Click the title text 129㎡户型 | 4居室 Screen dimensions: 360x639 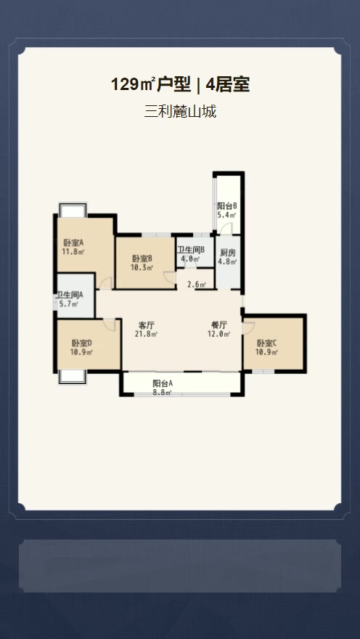[x=180, y=85]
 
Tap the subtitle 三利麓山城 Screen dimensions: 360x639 [x=180, y=111]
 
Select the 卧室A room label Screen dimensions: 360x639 [x=73, y=243]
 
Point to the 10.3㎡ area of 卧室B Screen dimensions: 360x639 [x=142, y=267]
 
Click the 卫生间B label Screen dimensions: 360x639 [x=191, y=251]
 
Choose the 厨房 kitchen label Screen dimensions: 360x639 [x=228, y=253]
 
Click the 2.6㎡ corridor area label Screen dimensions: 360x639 [x=196, y=285]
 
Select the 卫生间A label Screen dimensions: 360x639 [x=70, y=295]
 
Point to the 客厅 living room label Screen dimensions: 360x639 [x=147, y=325]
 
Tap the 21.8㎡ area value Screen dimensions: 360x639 [x=146, y=334]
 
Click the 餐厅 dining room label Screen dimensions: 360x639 [x=219, y=325]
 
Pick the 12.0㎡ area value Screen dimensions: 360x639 [x=219, y=334]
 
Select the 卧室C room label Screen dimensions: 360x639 [x=267, y=343]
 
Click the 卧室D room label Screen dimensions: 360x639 [x=82, y=343]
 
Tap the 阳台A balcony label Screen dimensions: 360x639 [x=163, y=383]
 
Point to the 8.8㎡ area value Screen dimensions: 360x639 [x=162, y=392]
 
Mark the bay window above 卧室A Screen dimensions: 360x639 [x=73, y=210]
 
